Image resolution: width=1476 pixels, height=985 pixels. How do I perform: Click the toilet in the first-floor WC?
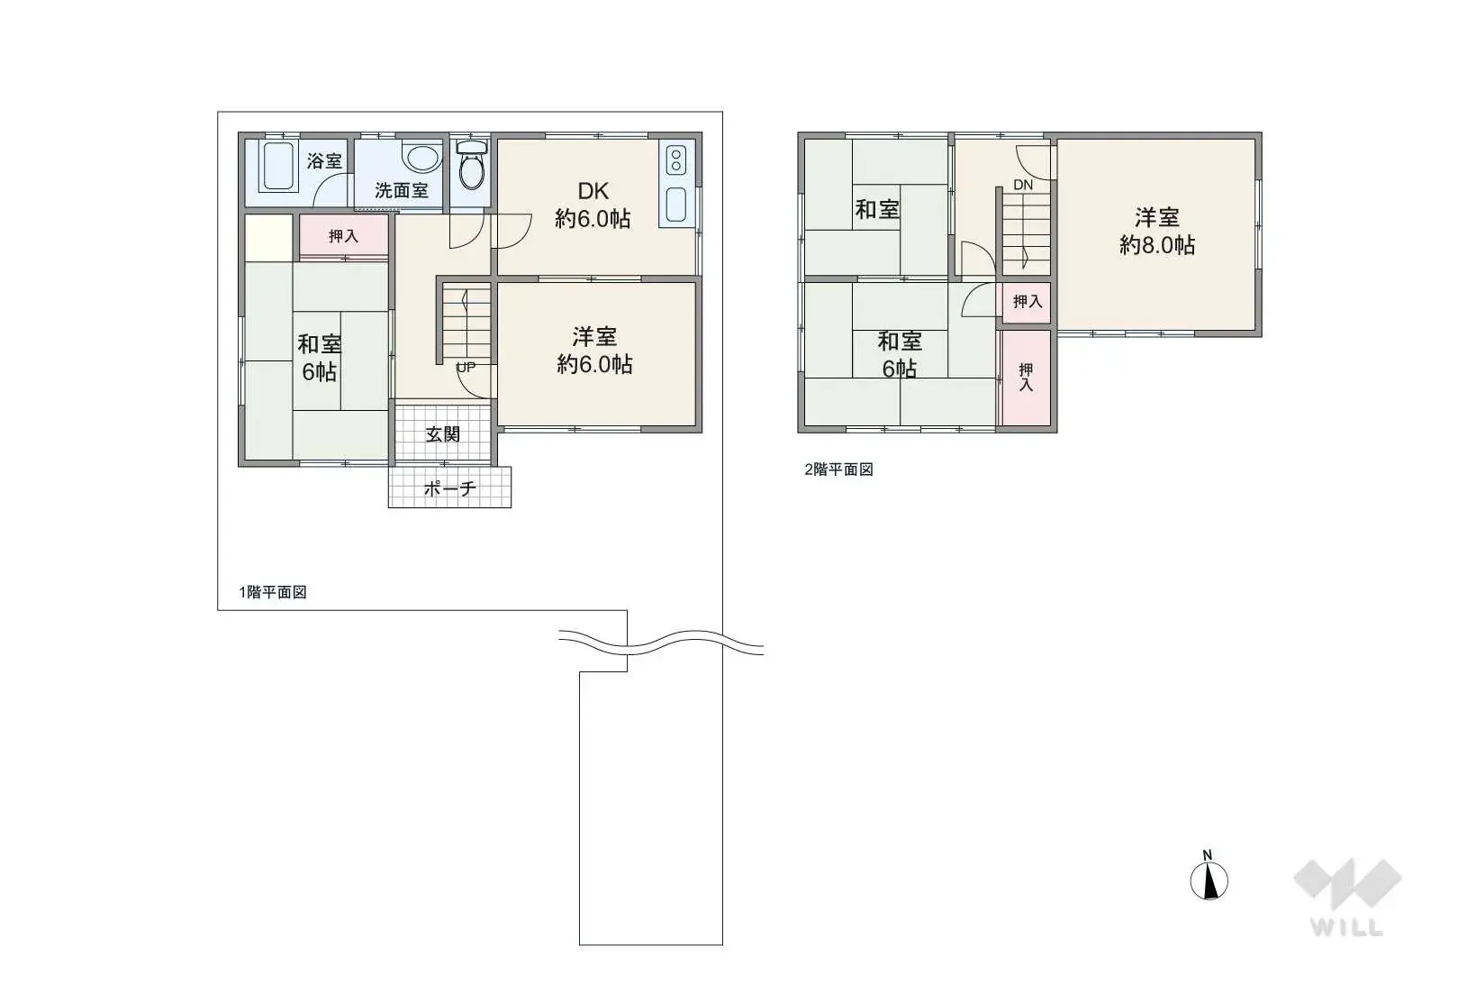click(x=471, y=165)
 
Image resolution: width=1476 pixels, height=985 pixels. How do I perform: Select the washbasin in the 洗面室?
click(x=421, y=158)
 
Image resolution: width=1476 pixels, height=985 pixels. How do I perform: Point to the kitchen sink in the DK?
click(x=676, y=205)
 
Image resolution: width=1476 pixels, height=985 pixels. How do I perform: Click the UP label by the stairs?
click(x=466, y=367)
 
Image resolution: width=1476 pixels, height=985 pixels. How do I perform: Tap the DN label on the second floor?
click(x=1023, y=186)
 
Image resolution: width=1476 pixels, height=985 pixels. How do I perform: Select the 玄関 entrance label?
click(x=442, y=434)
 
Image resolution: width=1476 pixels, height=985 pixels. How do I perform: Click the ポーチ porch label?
click(x=449, y=488)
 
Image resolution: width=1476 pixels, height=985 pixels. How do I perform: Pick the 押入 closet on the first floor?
click(x=343, y=235)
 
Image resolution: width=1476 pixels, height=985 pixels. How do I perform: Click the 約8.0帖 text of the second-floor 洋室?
click(x=1157, y=245)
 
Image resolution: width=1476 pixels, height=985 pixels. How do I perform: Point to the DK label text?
click(x=593, y=191)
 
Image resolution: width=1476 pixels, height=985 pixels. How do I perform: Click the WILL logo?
click(x=1347, y=898)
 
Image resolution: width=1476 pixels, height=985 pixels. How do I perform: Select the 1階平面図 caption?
click(x=273, y=592)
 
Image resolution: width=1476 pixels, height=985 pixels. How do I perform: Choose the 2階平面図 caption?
click(x=838, y=470)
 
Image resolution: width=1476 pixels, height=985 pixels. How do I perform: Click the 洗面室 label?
click(x=402, y=190)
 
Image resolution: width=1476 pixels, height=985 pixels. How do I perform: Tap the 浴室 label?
click(x=324, y=160)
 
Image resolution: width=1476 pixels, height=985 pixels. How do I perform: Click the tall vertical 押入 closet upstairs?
click(x=1026, y=378)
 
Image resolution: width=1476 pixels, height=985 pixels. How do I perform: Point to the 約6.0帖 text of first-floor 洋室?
click(x=594, y=365)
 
